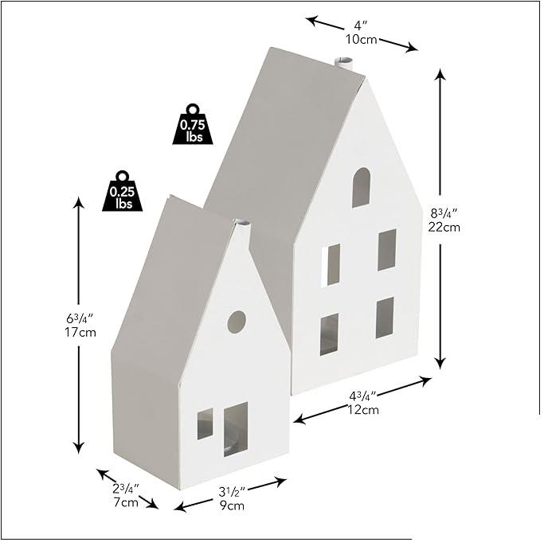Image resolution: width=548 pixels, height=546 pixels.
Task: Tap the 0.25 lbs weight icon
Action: [x=122, y=191]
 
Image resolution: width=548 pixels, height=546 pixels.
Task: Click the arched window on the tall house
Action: [x=361, y=188]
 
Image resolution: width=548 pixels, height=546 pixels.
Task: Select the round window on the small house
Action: [x=237, y=322]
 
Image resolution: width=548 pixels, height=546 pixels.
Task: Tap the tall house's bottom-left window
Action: [x=329, y=333]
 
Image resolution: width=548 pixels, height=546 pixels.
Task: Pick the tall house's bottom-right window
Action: [x=385, y=318]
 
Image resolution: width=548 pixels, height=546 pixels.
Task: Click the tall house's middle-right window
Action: [x=386, y=249]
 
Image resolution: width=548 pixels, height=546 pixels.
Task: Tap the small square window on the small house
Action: [x=205, y=423]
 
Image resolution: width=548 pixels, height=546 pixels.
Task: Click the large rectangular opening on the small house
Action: [x=235, y=428]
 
